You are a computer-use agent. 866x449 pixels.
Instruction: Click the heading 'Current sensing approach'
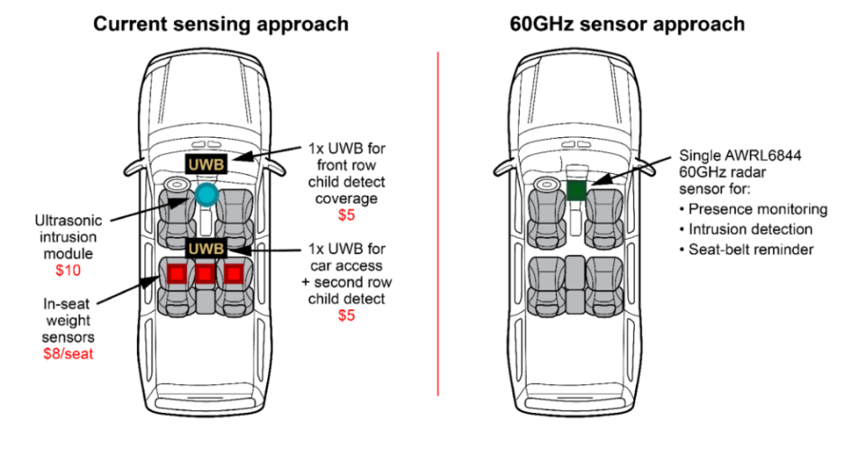(221, 24)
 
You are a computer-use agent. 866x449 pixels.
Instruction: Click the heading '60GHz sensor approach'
(627, 24)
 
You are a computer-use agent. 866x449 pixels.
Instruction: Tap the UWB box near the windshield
(206, 164)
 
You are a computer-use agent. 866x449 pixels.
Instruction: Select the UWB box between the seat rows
(206, 247)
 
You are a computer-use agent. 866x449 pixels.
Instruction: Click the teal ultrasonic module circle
(207, 194)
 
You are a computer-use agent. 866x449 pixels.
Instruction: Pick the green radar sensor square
(577, 189)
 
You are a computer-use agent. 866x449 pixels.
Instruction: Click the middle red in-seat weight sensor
(206, 273)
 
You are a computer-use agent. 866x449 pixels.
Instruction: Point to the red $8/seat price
(69, 353)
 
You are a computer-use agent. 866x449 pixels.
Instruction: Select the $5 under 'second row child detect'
(347, 316)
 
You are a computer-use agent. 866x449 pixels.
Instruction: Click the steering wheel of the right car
(545, 186)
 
